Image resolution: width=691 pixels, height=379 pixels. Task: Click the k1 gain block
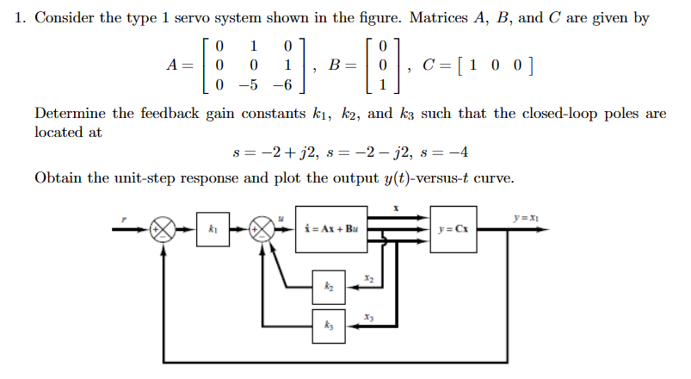point(213,229)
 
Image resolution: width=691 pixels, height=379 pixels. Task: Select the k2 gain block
point(328,283)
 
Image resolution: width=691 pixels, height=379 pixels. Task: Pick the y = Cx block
point(453,229)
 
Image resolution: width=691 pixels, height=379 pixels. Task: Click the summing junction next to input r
point(161,230)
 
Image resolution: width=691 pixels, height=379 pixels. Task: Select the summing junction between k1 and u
point(260,230)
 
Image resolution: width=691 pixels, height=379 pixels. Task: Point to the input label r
point(123,219)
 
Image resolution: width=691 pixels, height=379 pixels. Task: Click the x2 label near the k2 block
point(367,278)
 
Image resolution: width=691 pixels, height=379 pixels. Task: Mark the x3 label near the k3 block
point(367,318)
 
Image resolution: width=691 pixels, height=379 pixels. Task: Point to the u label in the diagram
point(281,219)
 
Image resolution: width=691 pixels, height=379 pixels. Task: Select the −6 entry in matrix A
point(284,85)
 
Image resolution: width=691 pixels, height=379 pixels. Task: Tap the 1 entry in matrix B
point(371,85)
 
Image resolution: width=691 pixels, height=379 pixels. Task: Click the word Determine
point(70,114)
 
